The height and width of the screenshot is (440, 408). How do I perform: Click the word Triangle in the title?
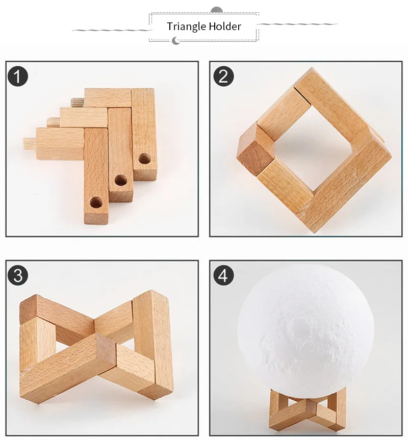click(x=186, y=27)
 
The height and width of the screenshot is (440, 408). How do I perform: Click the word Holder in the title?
click(x=225, y=26)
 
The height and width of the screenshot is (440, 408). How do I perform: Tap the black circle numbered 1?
click(x=18, y=76)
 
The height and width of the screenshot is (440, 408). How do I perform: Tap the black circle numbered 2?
click(x=224, y=76)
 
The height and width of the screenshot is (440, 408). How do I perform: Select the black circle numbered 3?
click(x=18, y=275)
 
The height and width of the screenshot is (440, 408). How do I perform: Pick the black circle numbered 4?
click(x=224, y=275)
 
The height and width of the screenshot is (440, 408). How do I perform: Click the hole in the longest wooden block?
click(x=96, y=202)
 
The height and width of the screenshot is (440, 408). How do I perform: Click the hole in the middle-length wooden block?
click(x=121, y=180)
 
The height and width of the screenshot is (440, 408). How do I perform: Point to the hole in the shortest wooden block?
click(x=145, y=159)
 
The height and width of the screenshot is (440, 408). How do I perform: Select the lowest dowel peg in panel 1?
click(x=30, y=142)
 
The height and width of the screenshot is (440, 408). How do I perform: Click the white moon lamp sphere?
click(x=305, y=328)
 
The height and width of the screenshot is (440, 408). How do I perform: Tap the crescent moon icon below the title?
click(x=175, y=41)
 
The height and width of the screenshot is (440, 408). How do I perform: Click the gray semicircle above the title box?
click(x=216, y=10)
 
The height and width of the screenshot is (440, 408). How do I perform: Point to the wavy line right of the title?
click(x=297, y=24)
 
